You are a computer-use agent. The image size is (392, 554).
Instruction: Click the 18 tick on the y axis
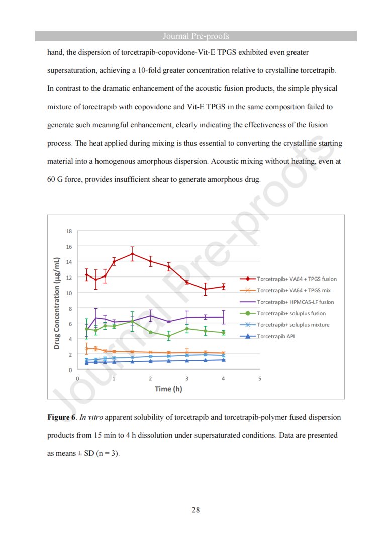click(69, 231)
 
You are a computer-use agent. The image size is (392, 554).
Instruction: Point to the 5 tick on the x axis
click(259, 378)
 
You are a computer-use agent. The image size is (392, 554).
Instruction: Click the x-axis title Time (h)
click(168, 389)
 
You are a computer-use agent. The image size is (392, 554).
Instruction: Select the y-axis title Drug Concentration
click(57, 303)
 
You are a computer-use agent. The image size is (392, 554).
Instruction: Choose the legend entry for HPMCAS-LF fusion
click(295, 302)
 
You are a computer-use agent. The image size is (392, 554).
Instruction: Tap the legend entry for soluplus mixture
click(293, 325)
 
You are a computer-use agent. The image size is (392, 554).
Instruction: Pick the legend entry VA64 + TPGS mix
click(293, 290)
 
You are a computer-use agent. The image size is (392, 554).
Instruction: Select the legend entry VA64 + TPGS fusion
click(297, 279)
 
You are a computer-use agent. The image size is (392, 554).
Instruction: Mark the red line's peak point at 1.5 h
click(132, 254)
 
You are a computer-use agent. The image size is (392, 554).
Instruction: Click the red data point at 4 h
click(223, 287)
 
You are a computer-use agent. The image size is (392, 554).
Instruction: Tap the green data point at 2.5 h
click(169, 336)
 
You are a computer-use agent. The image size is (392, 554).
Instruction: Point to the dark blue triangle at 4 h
click(223, 360)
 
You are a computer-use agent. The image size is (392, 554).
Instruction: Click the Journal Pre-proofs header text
click(196, 36)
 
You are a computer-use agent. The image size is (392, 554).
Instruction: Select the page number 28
click(196, 510)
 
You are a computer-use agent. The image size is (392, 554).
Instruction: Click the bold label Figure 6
click(61, 417)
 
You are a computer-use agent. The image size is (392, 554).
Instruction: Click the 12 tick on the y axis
click(69, 278)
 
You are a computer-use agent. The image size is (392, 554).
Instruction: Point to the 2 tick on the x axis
click(150, 378)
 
